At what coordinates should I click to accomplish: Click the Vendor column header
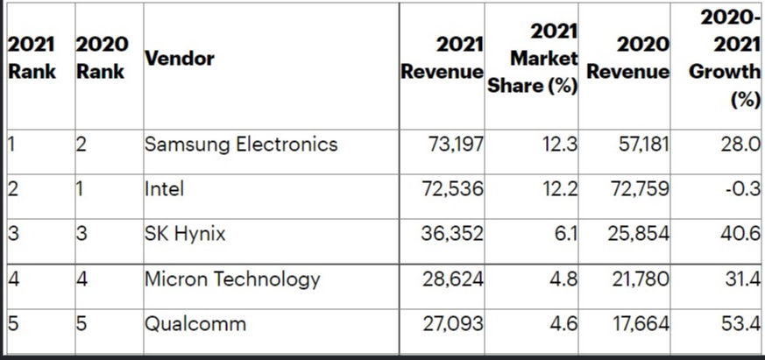(180, 59)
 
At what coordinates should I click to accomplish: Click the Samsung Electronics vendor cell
(240, 145)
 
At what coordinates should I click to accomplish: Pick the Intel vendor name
(164, 188)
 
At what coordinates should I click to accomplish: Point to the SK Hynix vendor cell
(184, 234)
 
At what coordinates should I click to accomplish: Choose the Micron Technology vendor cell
(232, 279)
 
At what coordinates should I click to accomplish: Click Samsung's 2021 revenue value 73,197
(453, 145)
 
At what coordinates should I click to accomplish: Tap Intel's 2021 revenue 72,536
(453, 188)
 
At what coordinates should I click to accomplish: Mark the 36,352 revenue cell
(453, 234)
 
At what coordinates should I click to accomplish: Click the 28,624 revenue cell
(453, 279)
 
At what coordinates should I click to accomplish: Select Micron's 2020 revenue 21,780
(640, 279)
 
